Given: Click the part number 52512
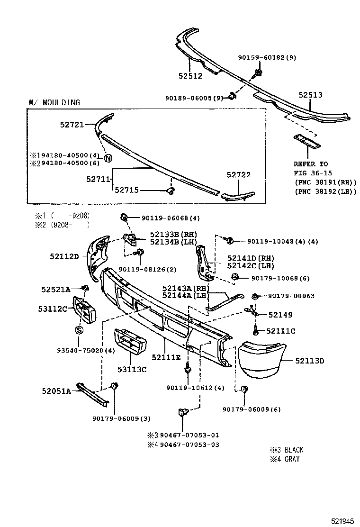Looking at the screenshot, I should tap(190, 76).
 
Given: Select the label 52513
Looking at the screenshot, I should tap(310, 95).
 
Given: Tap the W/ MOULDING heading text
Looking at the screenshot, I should tap(54, 102).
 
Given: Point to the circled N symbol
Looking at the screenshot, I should tap(108, 158).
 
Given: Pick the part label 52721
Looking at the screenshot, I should tap(72, 125).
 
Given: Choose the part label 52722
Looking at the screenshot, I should tap(238, 175).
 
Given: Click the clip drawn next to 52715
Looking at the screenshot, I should tap(171, 190).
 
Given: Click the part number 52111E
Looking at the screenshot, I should tap(166, 357).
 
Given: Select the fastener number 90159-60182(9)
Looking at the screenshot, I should tap(267, 57).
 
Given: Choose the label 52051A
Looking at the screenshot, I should tap(56, 391).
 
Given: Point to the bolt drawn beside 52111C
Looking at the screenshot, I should tap(256, 331).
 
